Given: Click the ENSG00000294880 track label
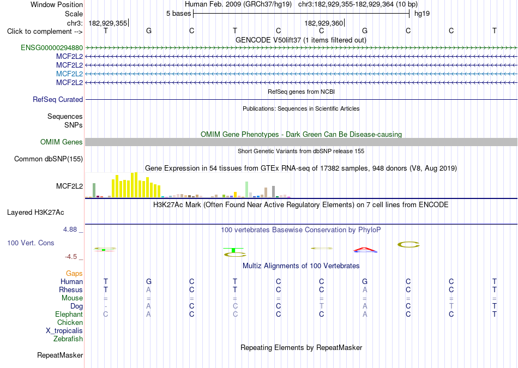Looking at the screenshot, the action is [x=52, y=48].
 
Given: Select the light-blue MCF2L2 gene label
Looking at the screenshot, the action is [x=69, y=74].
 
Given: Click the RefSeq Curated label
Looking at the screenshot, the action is [x=58, y=99].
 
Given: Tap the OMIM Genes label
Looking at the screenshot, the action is [x=62, y=142].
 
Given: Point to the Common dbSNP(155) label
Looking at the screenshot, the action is [x=49, y=159].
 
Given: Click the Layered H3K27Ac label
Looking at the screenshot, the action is [x=35, y=213].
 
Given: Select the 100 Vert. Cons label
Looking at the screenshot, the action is [x=31, y=243].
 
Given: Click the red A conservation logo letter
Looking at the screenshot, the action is [x=365, y=249].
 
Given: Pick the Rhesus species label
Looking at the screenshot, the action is [x=71, y=289].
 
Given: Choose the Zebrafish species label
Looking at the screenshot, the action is [x=68, y=339].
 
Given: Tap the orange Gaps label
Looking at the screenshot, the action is [x=74, y=274].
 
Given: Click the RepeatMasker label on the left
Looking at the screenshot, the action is [x=60, y=355].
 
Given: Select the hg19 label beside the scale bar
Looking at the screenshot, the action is [x=422, y=14].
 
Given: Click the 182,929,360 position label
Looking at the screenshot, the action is [x=324, y=23].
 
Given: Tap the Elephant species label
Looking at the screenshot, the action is [x=69, y=314].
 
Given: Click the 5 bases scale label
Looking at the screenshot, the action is [x=178, y=14].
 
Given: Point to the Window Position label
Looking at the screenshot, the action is [x=57, y=4].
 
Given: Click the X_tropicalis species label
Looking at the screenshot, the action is [x=64, y=331].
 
